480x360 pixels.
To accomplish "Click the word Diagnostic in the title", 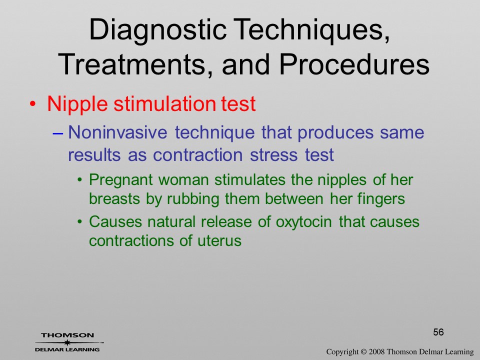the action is point(157,30).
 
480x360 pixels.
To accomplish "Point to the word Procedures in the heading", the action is point(354,64).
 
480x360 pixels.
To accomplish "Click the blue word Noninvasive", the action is point(118,132).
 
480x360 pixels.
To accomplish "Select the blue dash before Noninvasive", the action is point(58,133).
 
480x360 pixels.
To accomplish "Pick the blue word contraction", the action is point(198,154).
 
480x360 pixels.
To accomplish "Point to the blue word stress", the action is point(274,155).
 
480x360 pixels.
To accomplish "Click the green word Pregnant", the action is point(121,180).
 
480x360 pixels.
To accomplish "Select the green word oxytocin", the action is point(303,222).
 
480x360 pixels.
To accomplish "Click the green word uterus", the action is point(219,241).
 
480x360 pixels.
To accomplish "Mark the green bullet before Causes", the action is point(80,221).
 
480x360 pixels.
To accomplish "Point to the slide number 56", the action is point(438,332).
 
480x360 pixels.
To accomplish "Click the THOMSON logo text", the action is point(67,335).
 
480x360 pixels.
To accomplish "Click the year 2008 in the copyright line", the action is point(376,352).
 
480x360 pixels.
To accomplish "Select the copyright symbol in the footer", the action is point(363,352).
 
